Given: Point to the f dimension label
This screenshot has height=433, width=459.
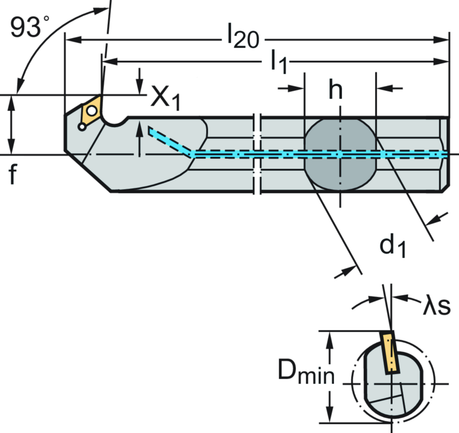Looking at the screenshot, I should (x=12, y=174).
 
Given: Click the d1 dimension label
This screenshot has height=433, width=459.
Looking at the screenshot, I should (x=391, y=246).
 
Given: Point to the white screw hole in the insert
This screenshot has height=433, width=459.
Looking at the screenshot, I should (x=92, y=110).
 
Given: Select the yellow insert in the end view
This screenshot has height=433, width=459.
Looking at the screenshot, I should (x=390, y=354).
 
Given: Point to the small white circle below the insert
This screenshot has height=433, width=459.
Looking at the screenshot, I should (x=82, y=127).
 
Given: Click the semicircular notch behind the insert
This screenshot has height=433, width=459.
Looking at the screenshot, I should (x=115, y=120).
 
